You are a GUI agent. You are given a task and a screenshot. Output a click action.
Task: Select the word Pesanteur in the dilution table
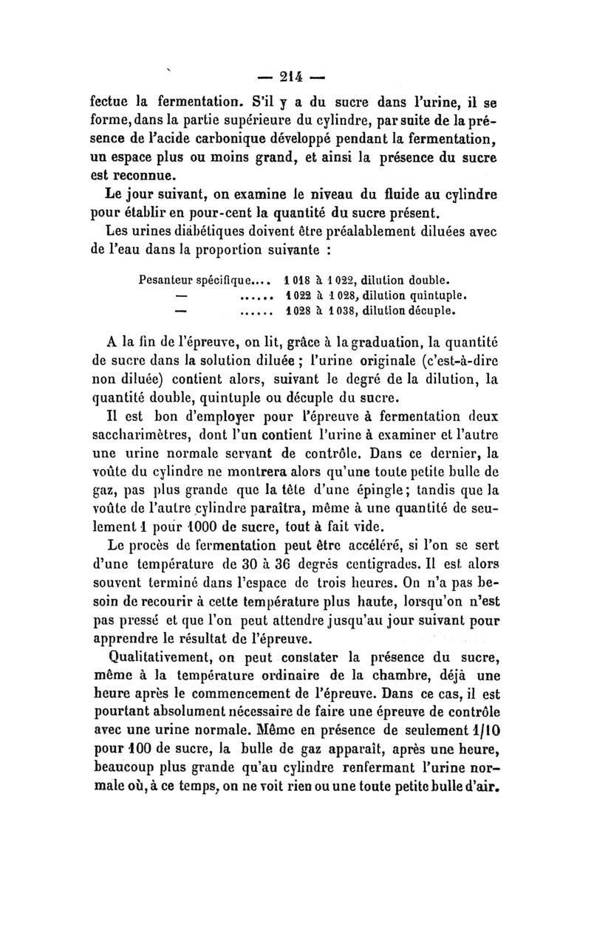point(164,281)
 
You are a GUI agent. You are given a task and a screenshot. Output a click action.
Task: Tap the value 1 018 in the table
point(277,281)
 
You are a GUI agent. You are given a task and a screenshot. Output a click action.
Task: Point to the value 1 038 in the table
point(335,310)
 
